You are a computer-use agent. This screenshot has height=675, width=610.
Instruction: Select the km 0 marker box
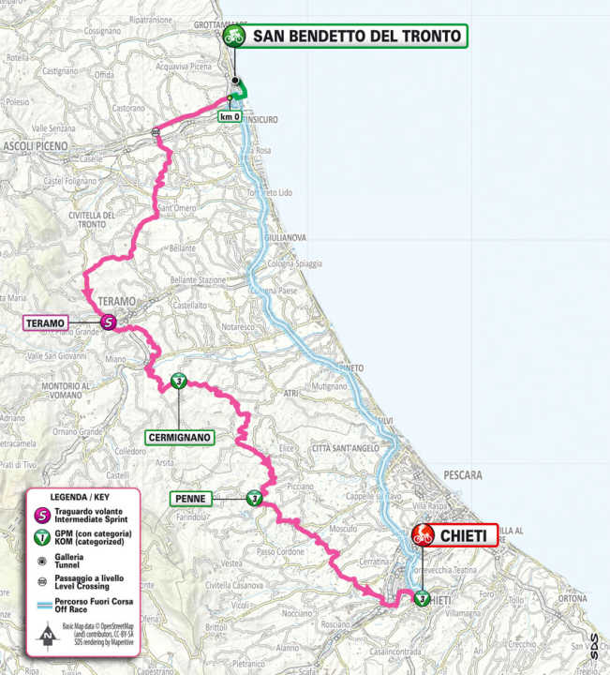230,116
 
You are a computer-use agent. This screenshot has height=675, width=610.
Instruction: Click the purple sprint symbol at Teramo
109,322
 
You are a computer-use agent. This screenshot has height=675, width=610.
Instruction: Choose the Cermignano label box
180,436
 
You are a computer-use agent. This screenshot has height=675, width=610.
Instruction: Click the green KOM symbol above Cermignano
179,382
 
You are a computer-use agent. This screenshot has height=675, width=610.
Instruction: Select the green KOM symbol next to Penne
253,499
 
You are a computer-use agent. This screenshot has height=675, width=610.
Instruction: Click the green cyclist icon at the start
233,37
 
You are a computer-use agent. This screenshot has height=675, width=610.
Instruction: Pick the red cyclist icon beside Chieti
423,535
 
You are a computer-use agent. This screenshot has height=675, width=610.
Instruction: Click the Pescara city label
458,475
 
